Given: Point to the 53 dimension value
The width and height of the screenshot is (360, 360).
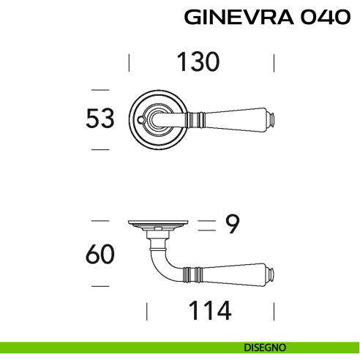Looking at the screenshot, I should (101, 118).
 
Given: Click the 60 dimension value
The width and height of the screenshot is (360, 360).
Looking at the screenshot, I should (101, 255).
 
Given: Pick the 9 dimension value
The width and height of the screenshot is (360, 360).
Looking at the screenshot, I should (231, 225).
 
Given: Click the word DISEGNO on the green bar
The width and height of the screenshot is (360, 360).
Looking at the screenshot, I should (266, 347).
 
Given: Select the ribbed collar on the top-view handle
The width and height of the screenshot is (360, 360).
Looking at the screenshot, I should (194, 117).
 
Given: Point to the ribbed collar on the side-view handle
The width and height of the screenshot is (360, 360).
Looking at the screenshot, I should (194, 275).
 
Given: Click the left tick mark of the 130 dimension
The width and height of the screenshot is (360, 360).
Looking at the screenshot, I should (129, 62).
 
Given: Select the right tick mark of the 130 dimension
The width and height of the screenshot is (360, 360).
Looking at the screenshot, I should (273, 62).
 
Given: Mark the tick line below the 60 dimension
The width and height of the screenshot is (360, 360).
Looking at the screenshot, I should (100, 286).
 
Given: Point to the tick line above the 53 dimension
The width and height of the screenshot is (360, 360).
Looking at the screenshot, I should (100, 85).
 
